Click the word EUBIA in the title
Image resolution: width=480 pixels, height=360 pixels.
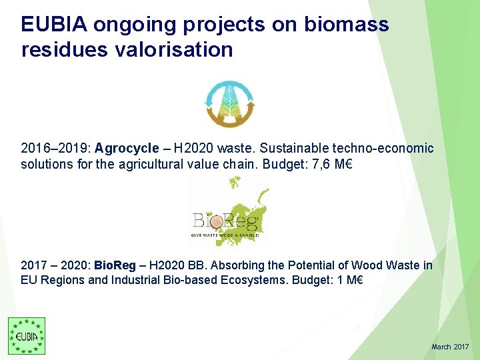pos(55,25)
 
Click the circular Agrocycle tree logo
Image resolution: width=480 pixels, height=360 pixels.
pos(229,104)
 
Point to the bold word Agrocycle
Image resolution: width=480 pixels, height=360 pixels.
pos(127,148)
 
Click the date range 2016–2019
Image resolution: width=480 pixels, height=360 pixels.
pos(55,148)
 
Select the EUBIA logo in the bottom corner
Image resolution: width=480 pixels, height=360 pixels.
pos(27,336)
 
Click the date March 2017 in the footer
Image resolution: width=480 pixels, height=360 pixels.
pos(450,347)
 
